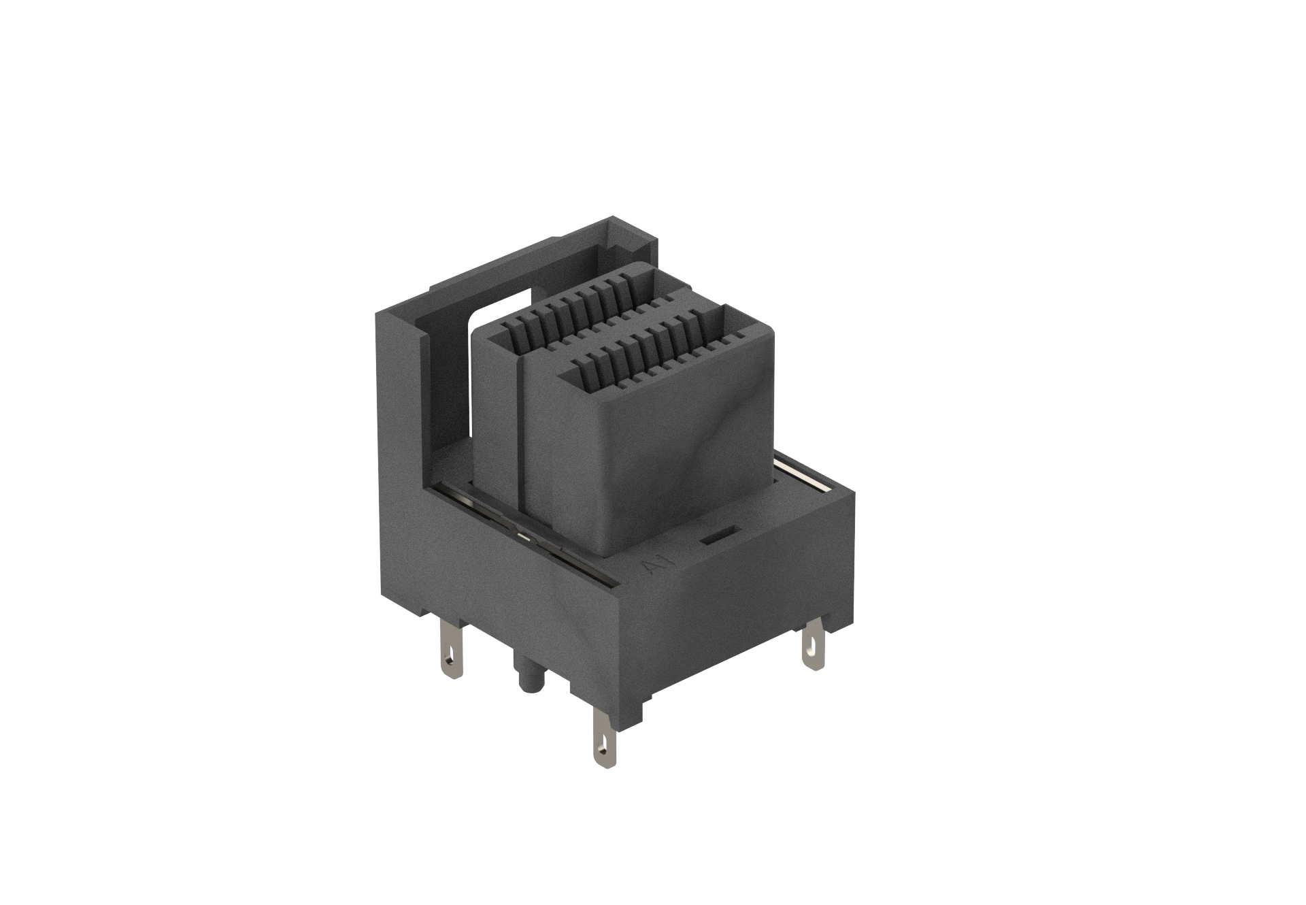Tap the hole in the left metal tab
click(450, 660)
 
